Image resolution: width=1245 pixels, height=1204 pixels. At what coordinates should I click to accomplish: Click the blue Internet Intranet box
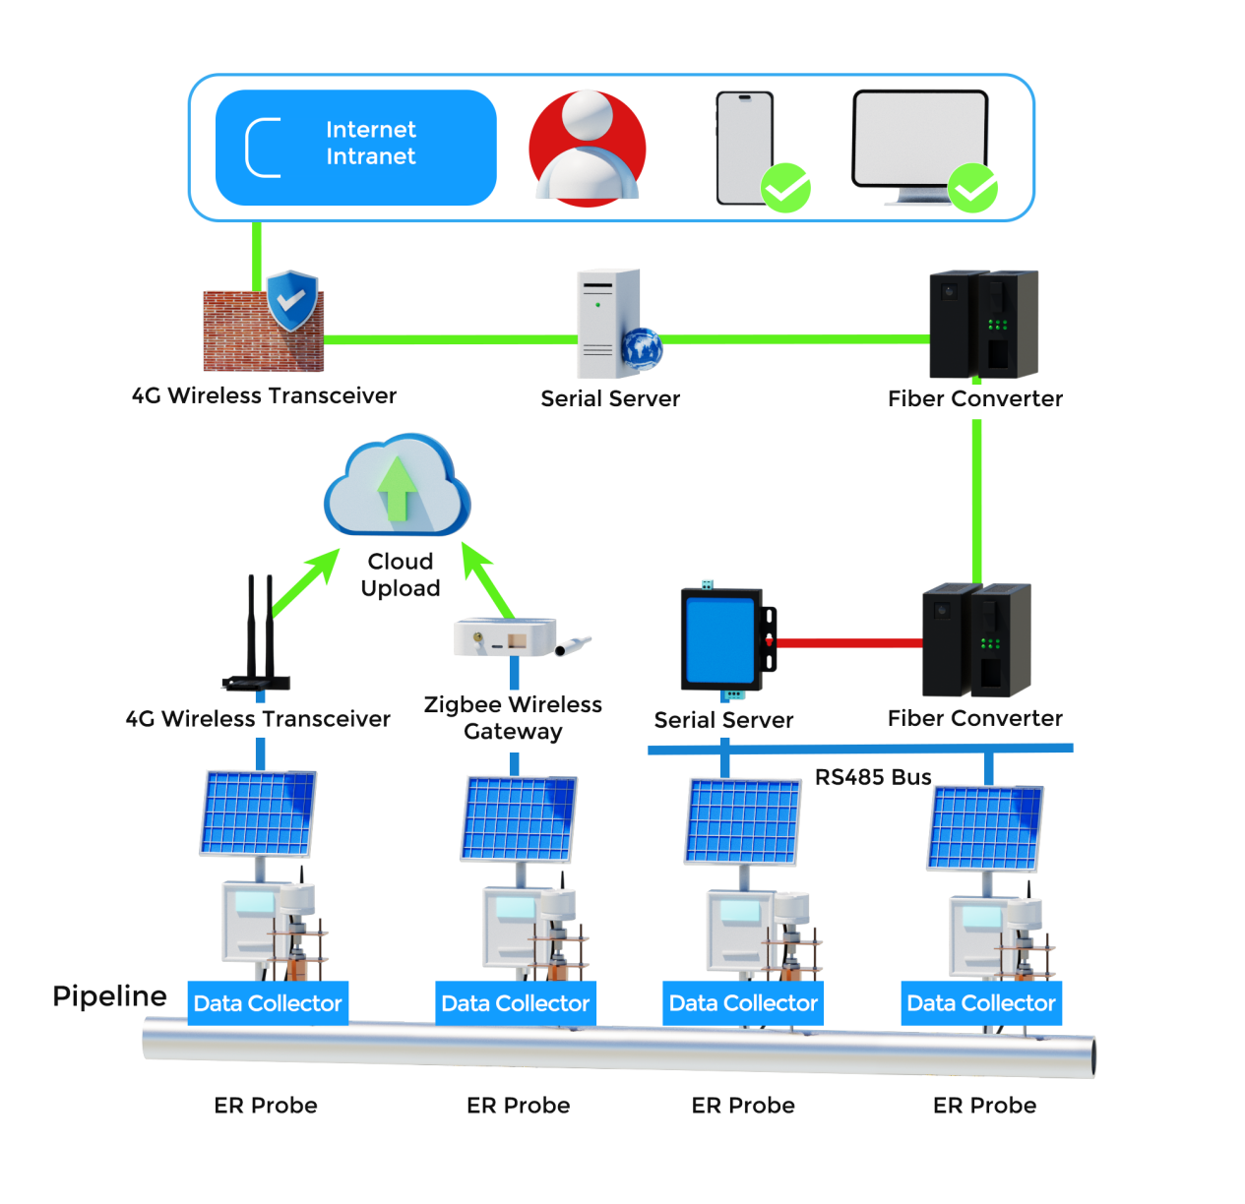coord(355,148)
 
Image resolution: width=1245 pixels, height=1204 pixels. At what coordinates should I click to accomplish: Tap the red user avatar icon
coord(588,149)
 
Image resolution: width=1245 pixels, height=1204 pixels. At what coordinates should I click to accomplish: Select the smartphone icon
coord(745,148)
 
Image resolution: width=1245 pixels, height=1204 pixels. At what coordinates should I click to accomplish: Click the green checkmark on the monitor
coord(972,188)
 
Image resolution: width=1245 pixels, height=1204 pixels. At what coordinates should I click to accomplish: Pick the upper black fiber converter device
coord(983,324)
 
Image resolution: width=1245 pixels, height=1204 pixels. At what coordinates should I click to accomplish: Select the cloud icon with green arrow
coord(398,486)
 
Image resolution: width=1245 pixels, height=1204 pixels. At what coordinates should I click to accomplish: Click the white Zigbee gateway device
coord(506,636)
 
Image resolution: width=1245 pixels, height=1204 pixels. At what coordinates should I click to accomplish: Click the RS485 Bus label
coord(873,777)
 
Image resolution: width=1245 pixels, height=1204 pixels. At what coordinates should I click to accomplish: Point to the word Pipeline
coord(109,995)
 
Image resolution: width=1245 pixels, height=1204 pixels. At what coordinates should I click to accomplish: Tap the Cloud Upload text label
coord(400,574)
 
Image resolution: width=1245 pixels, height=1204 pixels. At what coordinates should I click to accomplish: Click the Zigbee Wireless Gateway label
coord(513,718)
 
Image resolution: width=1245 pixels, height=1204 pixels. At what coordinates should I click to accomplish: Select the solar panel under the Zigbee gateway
coord(519,819)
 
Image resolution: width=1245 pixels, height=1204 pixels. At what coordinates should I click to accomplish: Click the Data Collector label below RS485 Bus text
coord(743,1003)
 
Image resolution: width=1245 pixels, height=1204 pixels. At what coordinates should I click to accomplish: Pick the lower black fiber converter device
coord(976,640)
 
